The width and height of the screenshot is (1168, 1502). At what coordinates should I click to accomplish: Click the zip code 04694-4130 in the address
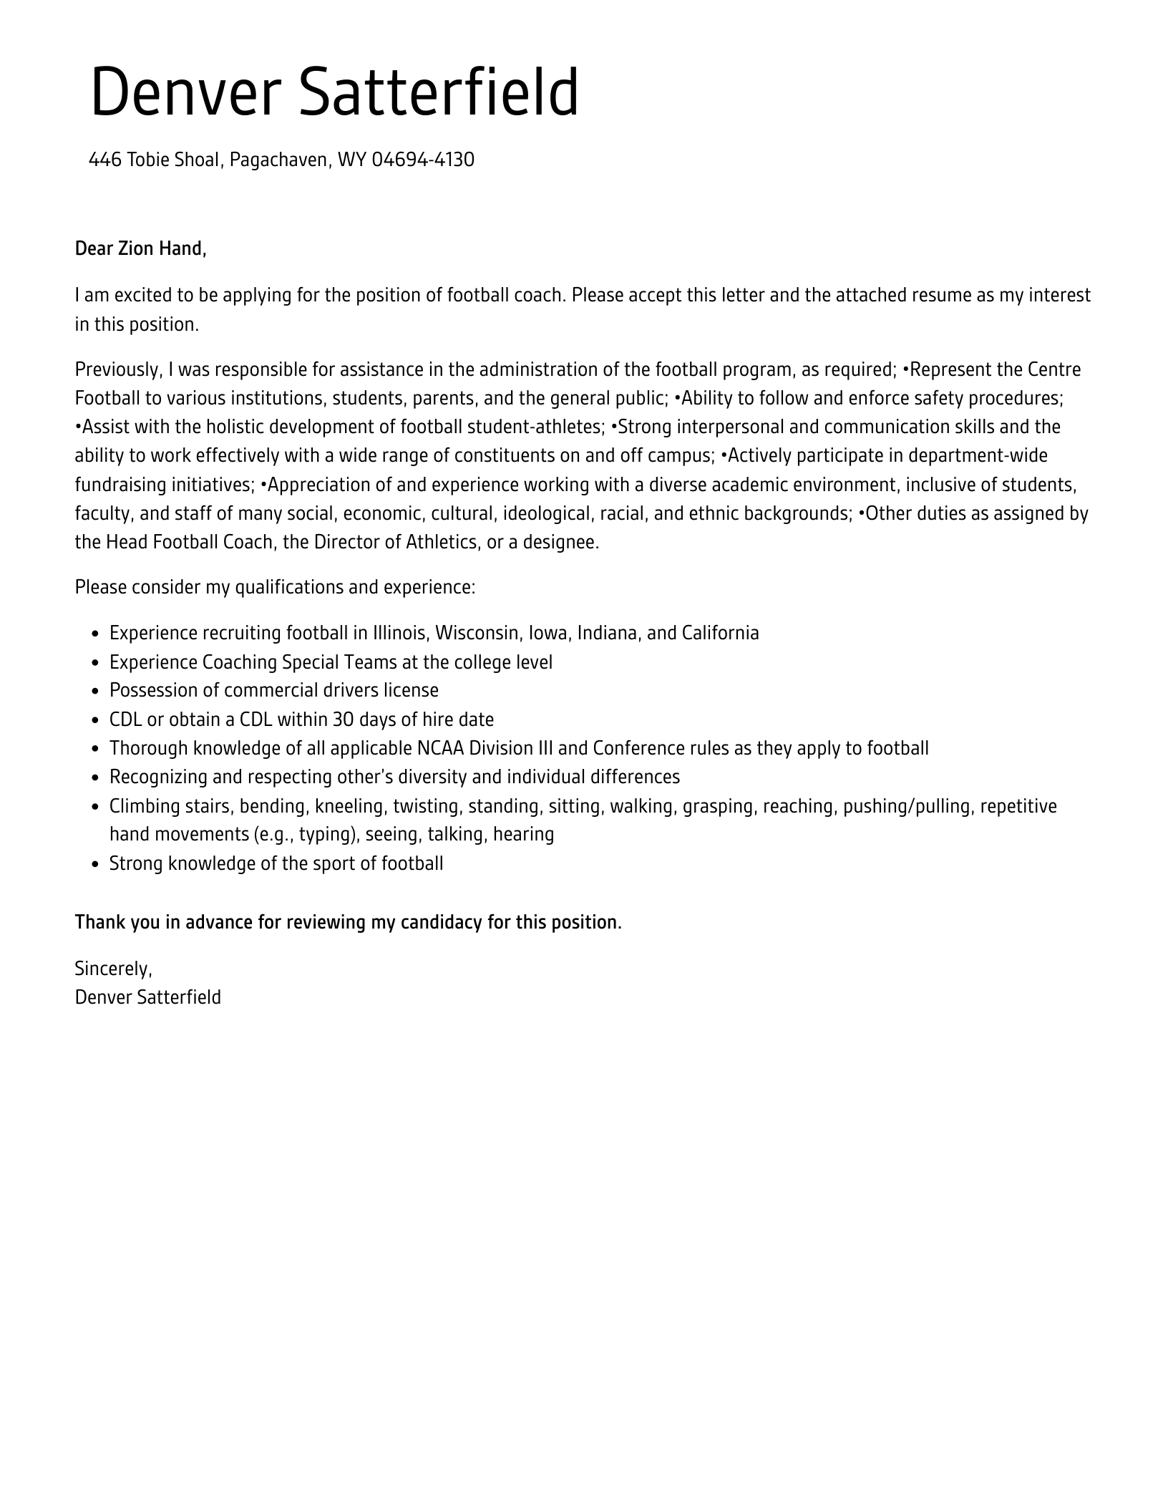point(423,160)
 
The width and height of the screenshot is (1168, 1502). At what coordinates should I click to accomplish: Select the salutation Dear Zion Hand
point(140,249)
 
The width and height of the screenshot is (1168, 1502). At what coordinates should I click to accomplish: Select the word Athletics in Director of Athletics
point(442,543)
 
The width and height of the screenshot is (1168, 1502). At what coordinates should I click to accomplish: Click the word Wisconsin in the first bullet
point(477,634)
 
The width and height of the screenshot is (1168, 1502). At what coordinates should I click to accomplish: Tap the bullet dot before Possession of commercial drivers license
point(97,692)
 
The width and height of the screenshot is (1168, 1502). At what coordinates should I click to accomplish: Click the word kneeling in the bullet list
point(350,807)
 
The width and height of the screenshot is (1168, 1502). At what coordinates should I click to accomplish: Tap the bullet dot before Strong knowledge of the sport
point(97,865)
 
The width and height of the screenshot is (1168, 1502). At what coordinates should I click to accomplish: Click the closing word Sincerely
point(113,969)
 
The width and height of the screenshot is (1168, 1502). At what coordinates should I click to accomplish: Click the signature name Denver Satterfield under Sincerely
point(148,998)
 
